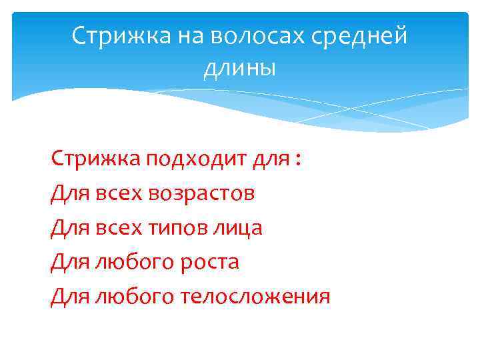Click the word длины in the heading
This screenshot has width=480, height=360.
coord(239,67)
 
